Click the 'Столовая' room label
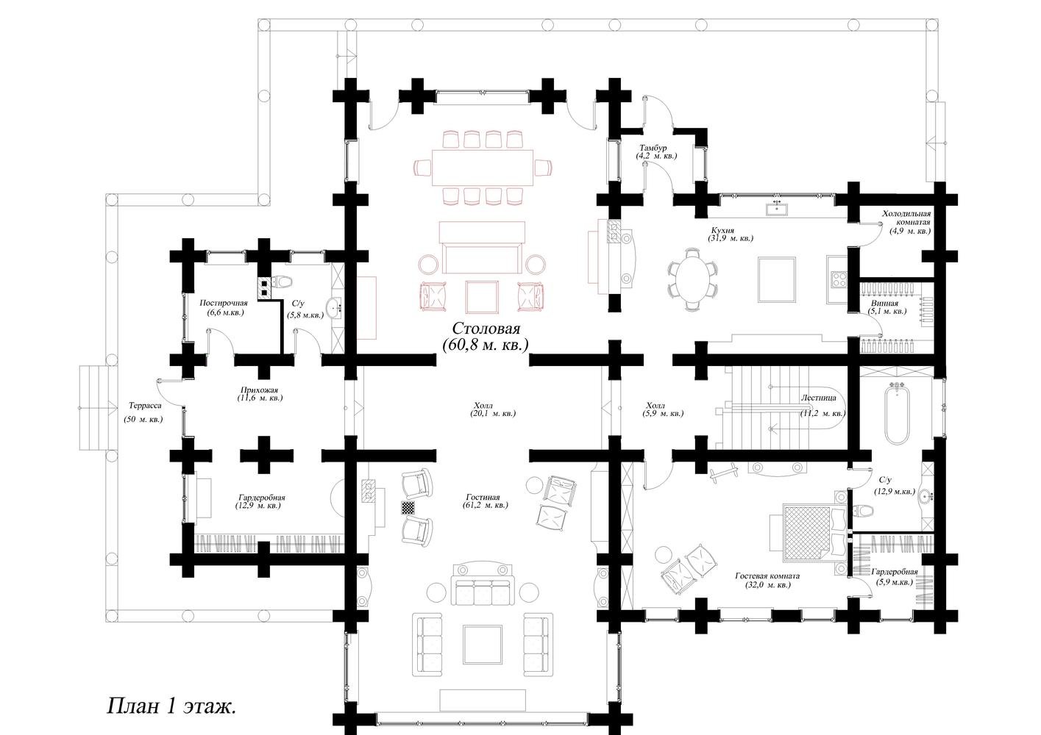[486, 329]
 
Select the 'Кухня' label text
[722, 230]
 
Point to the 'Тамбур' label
[653, 148]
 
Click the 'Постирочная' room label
[224, 303]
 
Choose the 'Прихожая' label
[259, 390]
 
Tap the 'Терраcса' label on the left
[145, 405]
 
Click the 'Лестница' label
[818, 398]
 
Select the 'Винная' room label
[885, 304]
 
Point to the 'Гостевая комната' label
[767, 576]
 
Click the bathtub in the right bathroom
[897, 414]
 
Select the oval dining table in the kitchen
[692, 279]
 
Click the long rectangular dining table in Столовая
[483, 167]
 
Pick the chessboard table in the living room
[408, 507]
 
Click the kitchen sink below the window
[777, 209]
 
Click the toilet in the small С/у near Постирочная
[283, 282]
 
